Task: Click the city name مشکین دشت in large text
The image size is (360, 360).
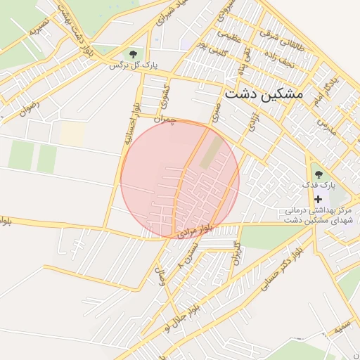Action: (x=264, y=94)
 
